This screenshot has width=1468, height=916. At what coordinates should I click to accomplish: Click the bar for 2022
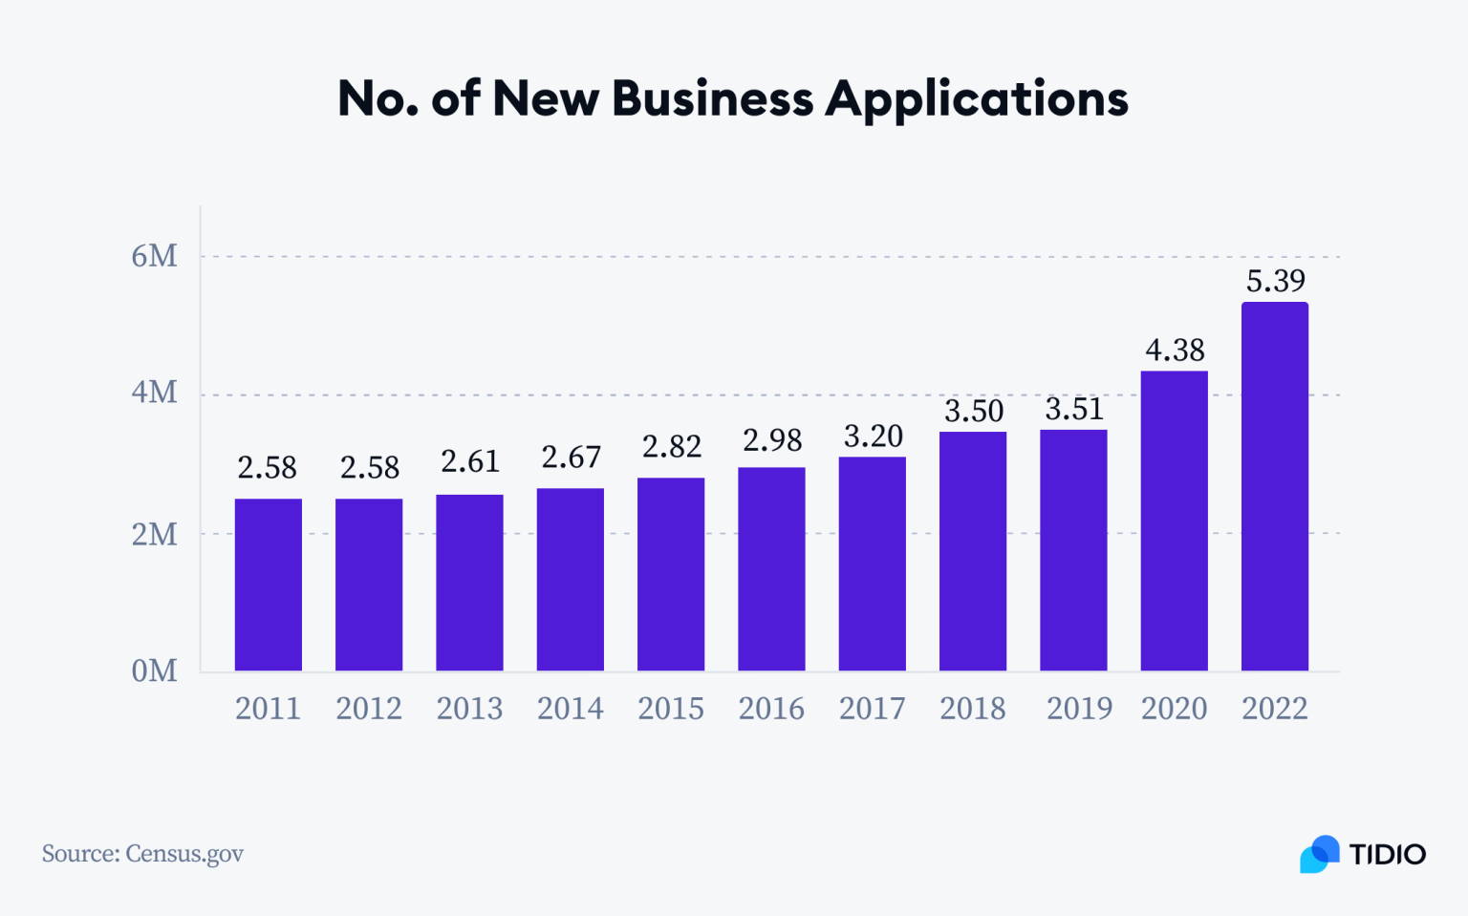(x=1274, y=486)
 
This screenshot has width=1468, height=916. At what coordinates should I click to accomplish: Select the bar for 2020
(x=1174, y=521)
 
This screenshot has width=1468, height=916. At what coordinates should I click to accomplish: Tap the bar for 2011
(x=268, y=585)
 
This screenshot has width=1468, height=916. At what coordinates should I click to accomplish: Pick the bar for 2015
(x=671, y=574)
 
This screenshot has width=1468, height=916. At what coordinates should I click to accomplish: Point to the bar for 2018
(x=972, y=551)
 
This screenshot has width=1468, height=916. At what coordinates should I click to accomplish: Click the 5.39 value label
(x=1275, y=281)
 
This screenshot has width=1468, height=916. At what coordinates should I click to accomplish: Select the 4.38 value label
(x=1175, y=351)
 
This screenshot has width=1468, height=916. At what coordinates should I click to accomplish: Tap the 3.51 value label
(x=1073, y=410)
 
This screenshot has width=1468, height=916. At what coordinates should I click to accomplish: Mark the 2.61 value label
(x=469, y=462)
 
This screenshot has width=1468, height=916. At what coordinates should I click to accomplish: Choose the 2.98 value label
(x=771, y=440)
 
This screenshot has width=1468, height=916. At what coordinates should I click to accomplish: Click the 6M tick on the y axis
(x=154, y=256)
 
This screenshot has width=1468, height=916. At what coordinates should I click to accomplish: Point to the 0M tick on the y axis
(x=154, y=671)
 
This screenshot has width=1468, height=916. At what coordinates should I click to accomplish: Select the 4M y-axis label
(x=154, y=393)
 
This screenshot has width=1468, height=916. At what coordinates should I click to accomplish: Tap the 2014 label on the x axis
(x=570, y=709)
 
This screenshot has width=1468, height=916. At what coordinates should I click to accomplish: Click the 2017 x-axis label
(x=872, y=709)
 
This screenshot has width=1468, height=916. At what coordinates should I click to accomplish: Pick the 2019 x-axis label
(x=1079, y=709)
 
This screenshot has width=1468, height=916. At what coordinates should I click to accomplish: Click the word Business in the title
(x=712, y=98)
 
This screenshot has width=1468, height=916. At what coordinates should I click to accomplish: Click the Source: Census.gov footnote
(x=142, y=853)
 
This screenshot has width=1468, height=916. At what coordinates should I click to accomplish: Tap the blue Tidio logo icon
(x=1319, y=854)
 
